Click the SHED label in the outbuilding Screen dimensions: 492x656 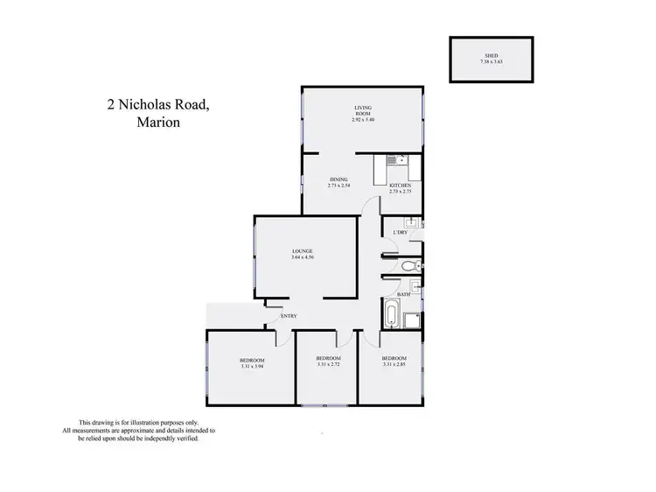click(x=491, y=54)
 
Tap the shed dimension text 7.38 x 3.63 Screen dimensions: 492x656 click(x=491, y=61)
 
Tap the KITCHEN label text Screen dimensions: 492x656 click(x=401, y=185)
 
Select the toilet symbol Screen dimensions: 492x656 click(x=414, y=266)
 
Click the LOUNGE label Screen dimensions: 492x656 click(x=304, y=251)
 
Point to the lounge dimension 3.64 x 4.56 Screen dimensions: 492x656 click(x=304, y=258)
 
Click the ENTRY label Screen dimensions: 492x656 click(x=289, y=316)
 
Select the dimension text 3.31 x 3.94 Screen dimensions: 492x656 click(x=252, y=367)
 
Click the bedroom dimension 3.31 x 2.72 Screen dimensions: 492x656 click(x=328, y=366)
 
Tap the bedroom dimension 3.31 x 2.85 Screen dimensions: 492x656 click(x=393, y=366)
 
